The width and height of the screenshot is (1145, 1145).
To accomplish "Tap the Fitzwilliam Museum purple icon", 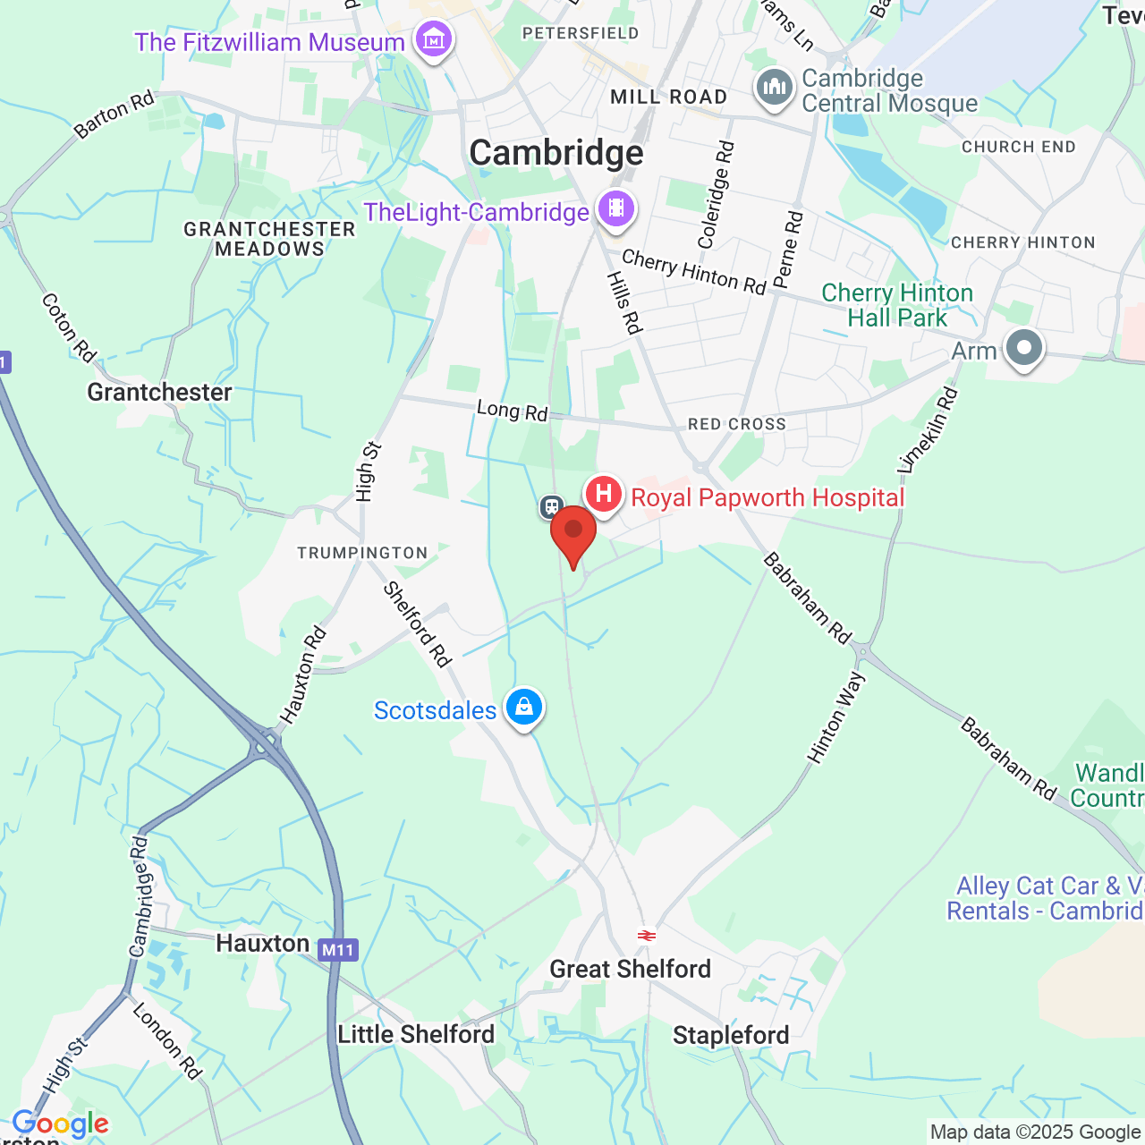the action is (434, 40).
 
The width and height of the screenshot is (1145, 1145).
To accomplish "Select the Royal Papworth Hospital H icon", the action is (604, 494).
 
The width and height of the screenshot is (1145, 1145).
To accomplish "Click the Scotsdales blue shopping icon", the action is (524, 708).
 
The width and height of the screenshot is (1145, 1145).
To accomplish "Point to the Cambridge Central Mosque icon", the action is (774, 89).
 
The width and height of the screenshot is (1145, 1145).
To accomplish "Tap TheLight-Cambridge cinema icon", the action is (616, 209).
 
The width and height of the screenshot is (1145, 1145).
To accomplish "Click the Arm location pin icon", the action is (1024, 348).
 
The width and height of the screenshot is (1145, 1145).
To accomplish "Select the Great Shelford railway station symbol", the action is (647, 936).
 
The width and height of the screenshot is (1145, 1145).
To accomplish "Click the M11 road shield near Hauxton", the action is (338, 950).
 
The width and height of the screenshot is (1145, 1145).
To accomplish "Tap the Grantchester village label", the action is (159, 392).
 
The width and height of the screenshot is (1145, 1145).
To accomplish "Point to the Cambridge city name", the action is (556, 153).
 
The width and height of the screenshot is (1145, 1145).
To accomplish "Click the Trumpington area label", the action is (362, 553).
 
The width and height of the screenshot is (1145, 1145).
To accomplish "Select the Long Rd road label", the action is (512, 411).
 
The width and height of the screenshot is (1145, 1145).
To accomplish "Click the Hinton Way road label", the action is (836, 717).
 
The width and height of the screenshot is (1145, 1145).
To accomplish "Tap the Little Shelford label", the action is (416, 1034).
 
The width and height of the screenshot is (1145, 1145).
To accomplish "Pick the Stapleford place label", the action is (731, 1035).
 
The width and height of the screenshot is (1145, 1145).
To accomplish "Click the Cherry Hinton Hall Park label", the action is (897, 305).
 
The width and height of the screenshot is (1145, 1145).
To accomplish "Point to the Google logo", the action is (60, 1124).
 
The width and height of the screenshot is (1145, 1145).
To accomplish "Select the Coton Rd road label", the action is (69, 328).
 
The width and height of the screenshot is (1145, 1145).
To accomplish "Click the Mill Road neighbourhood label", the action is (668, 97).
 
